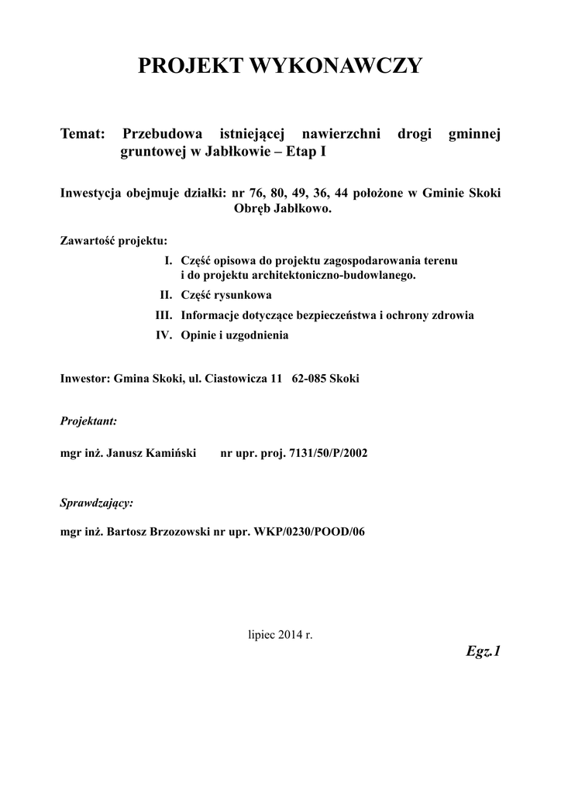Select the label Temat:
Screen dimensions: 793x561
[x=83, y=135]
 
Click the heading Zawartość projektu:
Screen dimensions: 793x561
[x=113, y=240]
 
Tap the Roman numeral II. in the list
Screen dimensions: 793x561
[x=167, y=296]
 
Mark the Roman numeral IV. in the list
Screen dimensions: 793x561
[x=164, y=336]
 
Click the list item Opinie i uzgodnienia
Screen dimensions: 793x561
[x=235, y=336]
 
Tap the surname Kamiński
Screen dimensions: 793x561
[x=171, y=452]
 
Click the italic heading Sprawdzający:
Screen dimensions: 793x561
[x=97, y=503]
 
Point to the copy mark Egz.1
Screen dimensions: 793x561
[x=484, y=652]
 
